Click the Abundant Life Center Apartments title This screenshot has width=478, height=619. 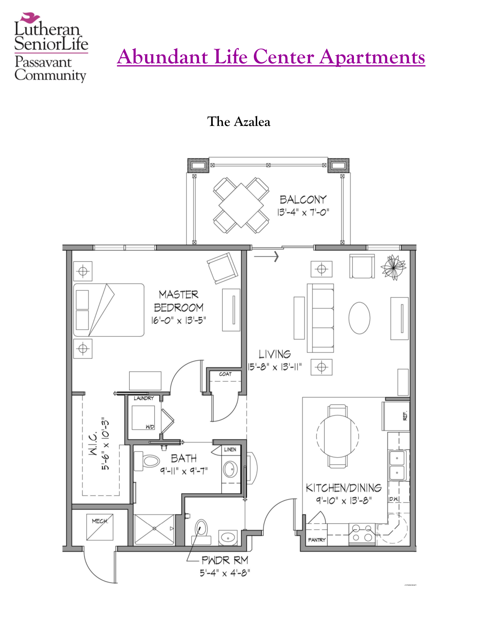click(x=271, y=57)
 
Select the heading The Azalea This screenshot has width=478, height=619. click(x=238, y=122)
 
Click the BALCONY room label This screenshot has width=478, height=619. click(x=303, y=199)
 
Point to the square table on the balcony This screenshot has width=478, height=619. click(x=241, y=206)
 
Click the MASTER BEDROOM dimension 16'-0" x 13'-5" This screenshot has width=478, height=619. click(x=178, y=321)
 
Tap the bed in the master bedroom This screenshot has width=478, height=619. click(x=109, y=310)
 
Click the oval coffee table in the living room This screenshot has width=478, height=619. click(x=359, y=318)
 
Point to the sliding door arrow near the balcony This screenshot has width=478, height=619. click(x=267, y=256)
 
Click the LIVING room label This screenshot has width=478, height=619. click(x=275, y=354)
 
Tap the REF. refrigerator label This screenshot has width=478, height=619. click(x=405, y=415)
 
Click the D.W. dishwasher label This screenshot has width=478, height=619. click(x=393, y=499)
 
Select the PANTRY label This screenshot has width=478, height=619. click(x=317, y=540)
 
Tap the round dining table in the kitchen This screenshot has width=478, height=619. click(x=337, y=436)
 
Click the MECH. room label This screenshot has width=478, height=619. click(x=100, y=521)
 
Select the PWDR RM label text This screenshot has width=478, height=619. click(x=225, y=561)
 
